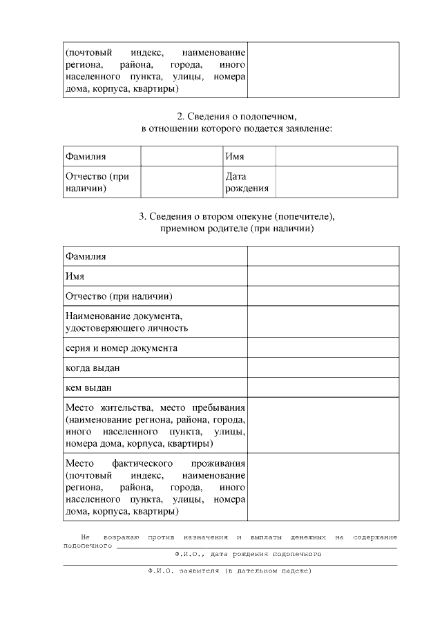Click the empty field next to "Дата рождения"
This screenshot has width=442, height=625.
[x=336, y=182]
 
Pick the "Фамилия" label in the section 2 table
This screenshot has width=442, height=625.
[x=86, y=157]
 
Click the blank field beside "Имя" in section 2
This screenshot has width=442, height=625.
[x=336, y=157]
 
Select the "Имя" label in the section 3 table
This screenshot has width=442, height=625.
[x=75, y=276]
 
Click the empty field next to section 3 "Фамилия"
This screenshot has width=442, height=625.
[x=323, y=256]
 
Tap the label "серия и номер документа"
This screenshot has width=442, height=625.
[x=122, y=348]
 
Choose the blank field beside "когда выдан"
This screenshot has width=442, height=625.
[x=323, y=368]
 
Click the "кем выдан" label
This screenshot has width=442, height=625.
[x=89, y=388]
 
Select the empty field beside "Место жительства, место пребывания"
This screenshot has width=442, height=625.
[x=323, y=425]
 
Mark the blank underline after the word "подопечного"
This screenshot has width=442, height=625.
[x=256, y=547]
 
